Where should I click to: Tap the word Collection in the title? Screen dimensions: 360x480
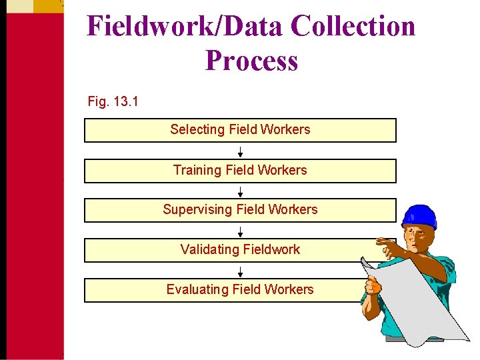click(x=353, y=27)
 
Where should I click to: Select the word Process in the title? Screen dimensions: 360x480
click(x=251, y=61)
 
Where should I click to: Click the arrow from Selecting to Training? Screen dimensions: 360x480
click(x=240, y=151)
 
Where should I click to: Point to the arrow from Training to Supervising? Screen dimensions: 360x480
click(x=240, y=191)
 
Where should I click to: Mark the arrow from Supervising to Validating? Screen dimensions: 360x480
click(x=240, y=231)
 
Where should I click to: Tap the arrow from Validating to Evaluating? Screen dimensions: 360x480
click(x=240, y=271)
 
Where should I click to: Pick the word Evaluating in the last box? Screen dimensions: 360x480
click(x=197, y=290)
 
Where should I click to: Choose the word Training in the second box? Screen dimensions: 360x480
click(x=197, y=171)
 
